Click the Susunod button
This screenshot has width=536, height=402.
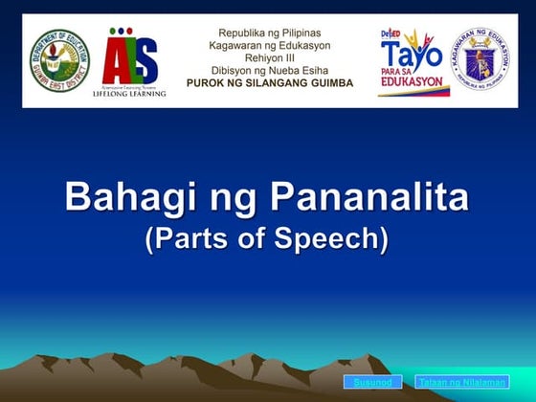pyautogui.click(x=372, y=383)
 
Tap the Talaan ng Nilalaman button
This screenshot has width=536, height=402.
pyautogui.click(x=462, y=383)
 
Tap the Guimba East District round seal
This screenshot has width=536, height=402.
pyautogui.click(x=58, y=60)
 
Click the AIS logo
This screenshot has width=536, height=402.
pyautogui.click(x=129, y=57)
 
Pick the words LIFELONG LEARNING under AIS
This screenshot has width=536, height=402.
pyautogui.click(x=129, y=94)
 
